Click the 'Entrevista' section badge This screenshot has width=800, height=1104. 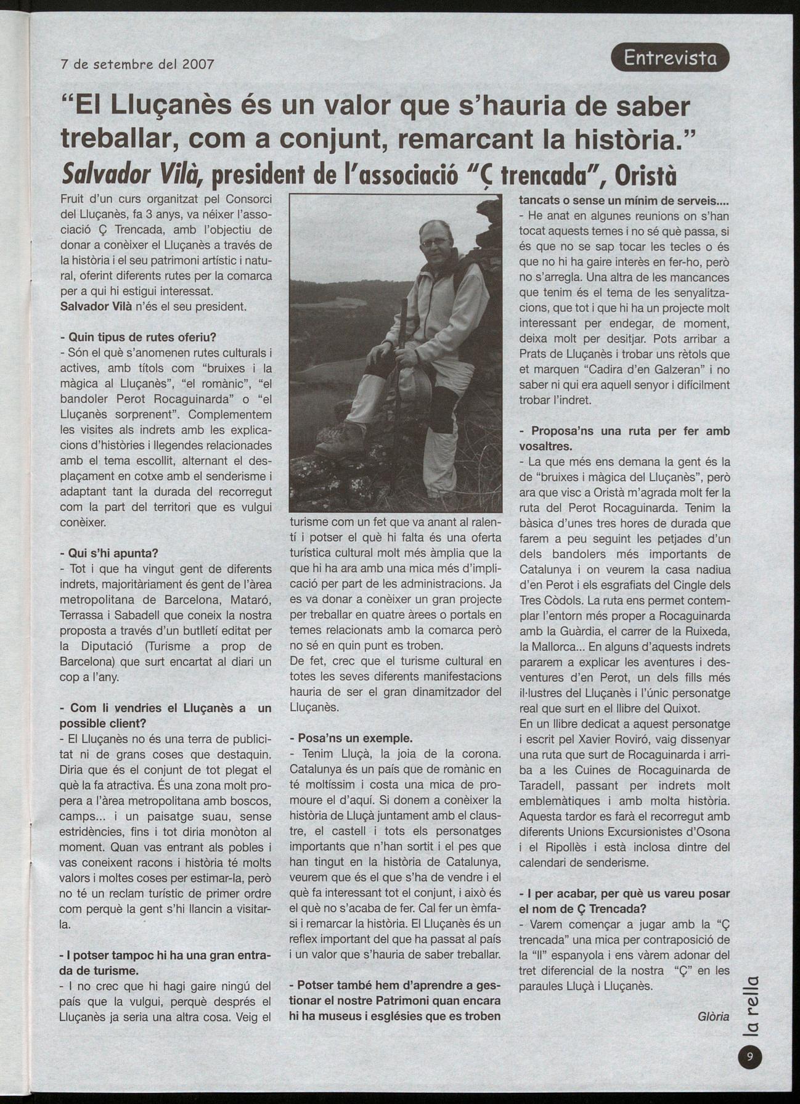click(x=670, y=58)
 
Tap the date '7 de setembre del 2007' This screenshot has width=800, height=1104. click(x=137, y=63)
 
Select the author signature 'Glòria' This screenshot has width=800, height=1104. click(x=714, y=1016)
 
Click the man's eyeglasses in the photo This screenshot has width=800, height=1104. click(x=435, y=241)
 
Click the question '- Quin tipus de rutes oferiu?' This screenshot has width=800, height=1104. click(x=138, y=337)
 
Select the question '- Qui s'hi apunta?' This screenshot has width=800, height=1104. click(x=109, y=553)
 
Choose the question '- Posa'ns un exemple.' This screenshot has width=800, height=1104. click(x=351, y=738)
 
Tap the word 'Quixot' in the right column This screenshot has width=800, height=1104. click(x=679, y=708)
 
